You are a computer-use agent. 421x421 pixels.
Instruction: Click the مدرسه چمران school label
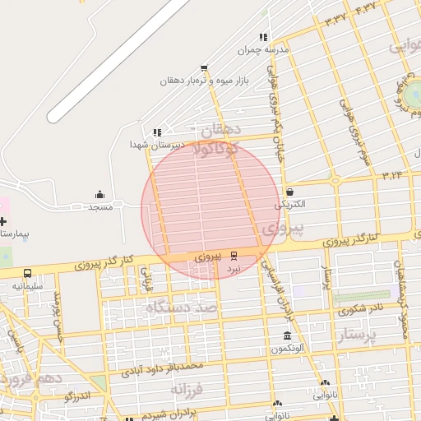pos(264,50)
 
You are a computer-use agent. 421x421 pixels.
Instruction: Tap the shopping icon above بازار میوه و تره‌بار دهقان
pos(204,68)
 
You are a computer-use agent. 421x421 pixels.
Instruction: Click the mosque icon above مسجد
pos(100,194)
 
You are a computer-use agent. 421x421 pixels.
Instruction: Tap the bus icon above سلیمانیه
pos(28,273)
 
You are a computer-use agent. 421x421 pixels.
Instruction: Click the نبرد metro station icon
pos(234,256)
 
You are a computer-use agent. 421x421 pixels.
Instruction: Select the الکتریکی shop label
pos(289,203)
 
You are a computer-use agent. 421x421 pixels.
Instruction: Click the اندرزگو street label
pos(81,396)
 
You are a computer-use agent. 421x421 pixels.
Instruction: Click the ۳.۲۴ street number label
pos(391,174)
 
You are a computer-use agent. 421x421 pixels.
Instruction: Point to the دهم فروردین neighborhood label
pos(33,380)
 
